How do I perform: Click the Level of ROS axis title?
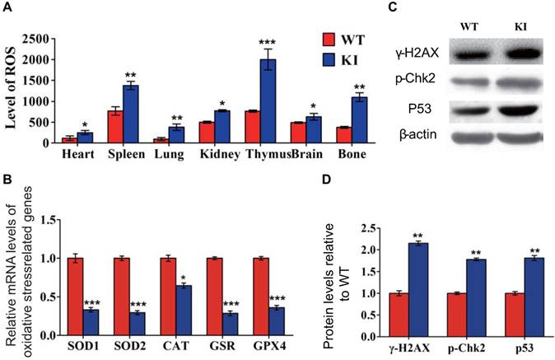click(11, 90)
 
